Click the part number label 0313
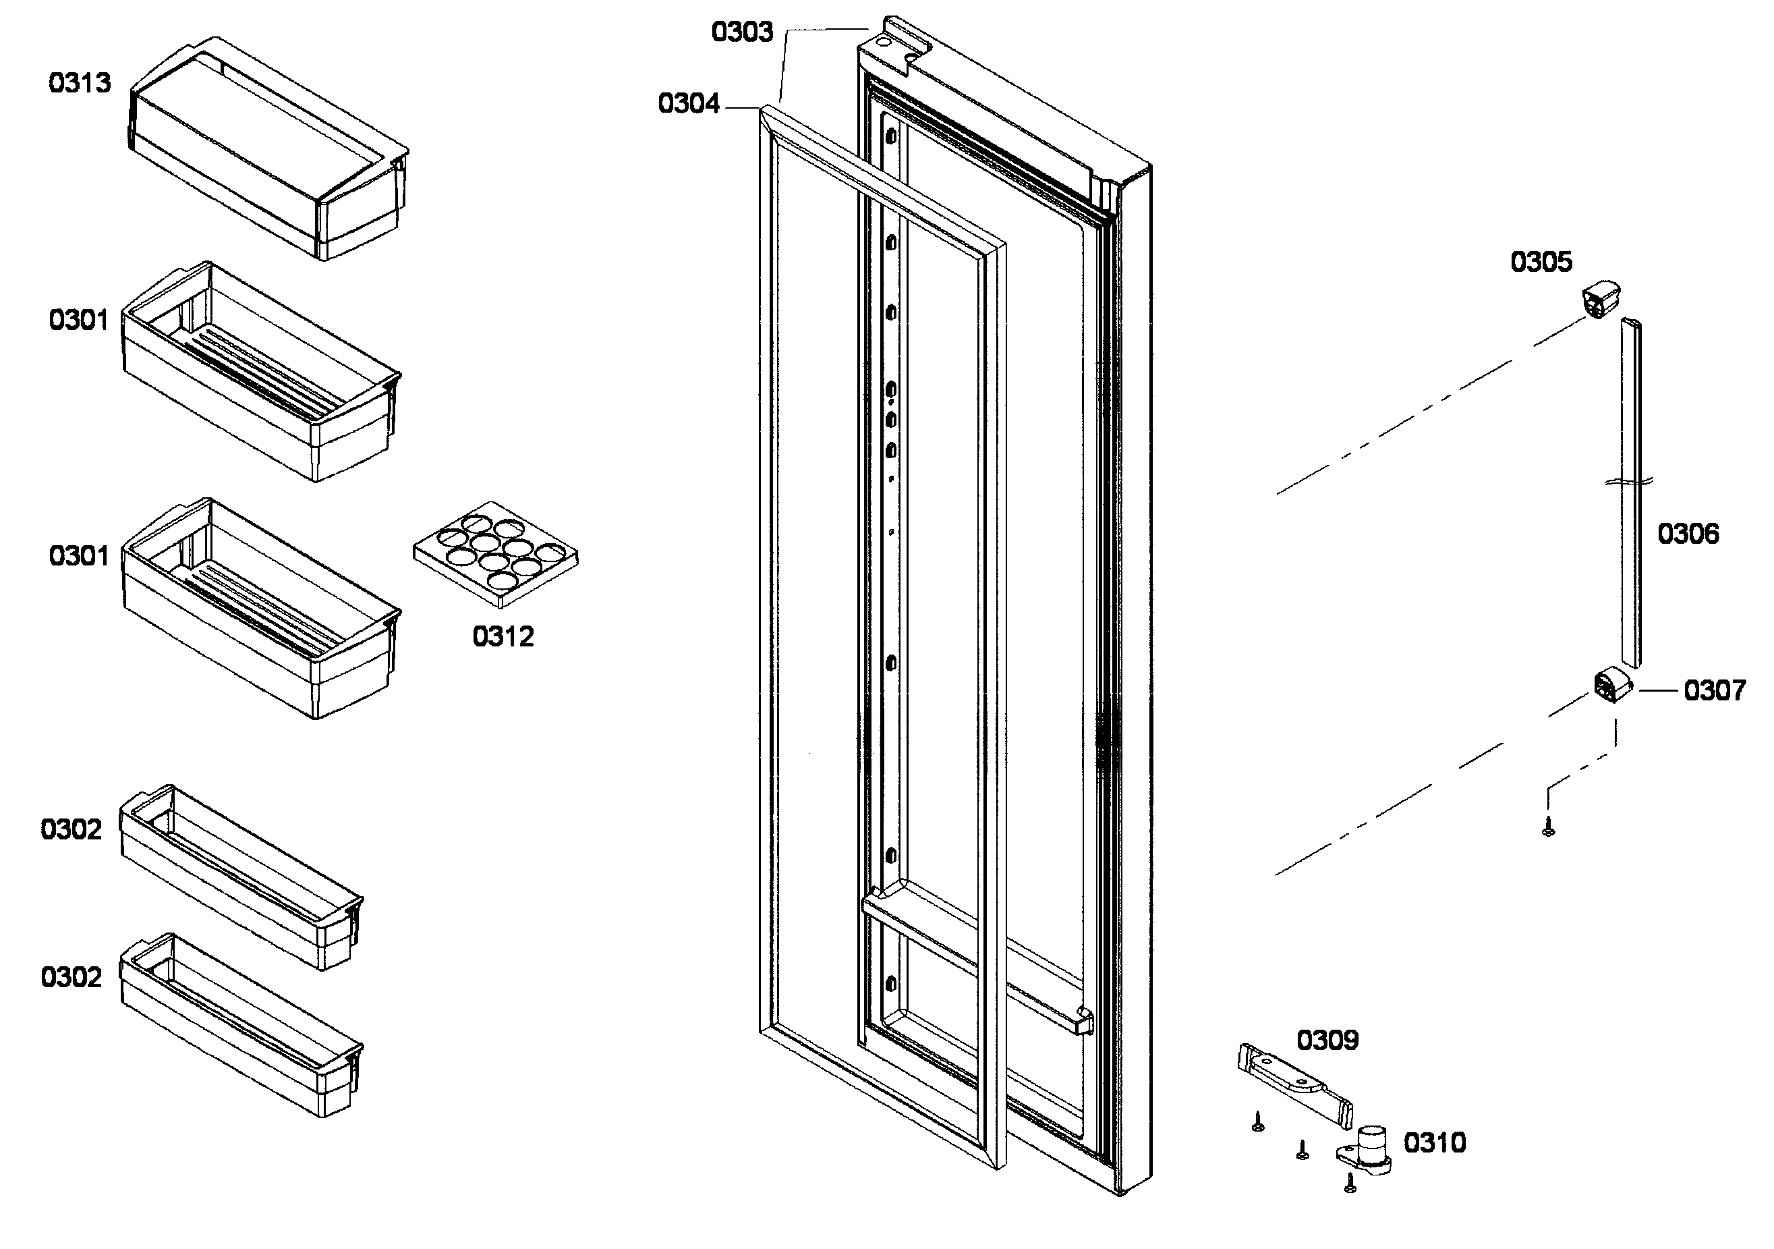click(x=80, y=84)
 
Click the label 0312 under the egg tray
click(x=503, y=637)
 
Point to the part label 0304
click(x=689, y=103)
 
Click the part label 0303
click(x=742, y=32)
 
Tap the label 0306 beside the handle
click(x=1688, y=534)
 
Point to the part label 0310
click(x=1434, y=1143)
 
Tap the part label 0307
click(x=1715, y=690)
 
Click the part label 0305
click(x=1541, y=262)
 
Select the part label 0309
click(x=1327, y=1040)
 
